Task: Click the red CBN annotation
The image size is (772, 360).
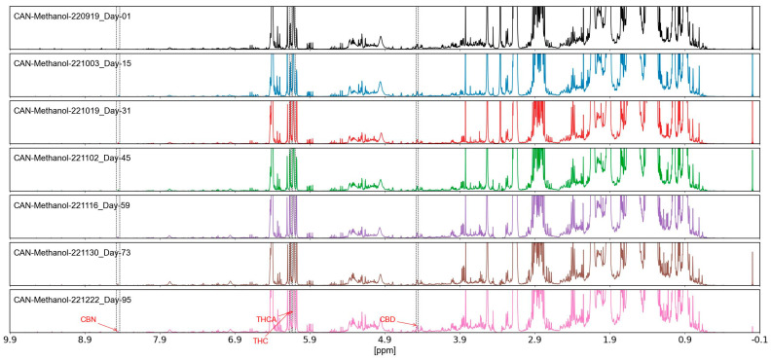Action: (89, 318)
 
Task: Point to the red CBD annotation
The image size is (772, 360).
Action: (387, 318)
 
